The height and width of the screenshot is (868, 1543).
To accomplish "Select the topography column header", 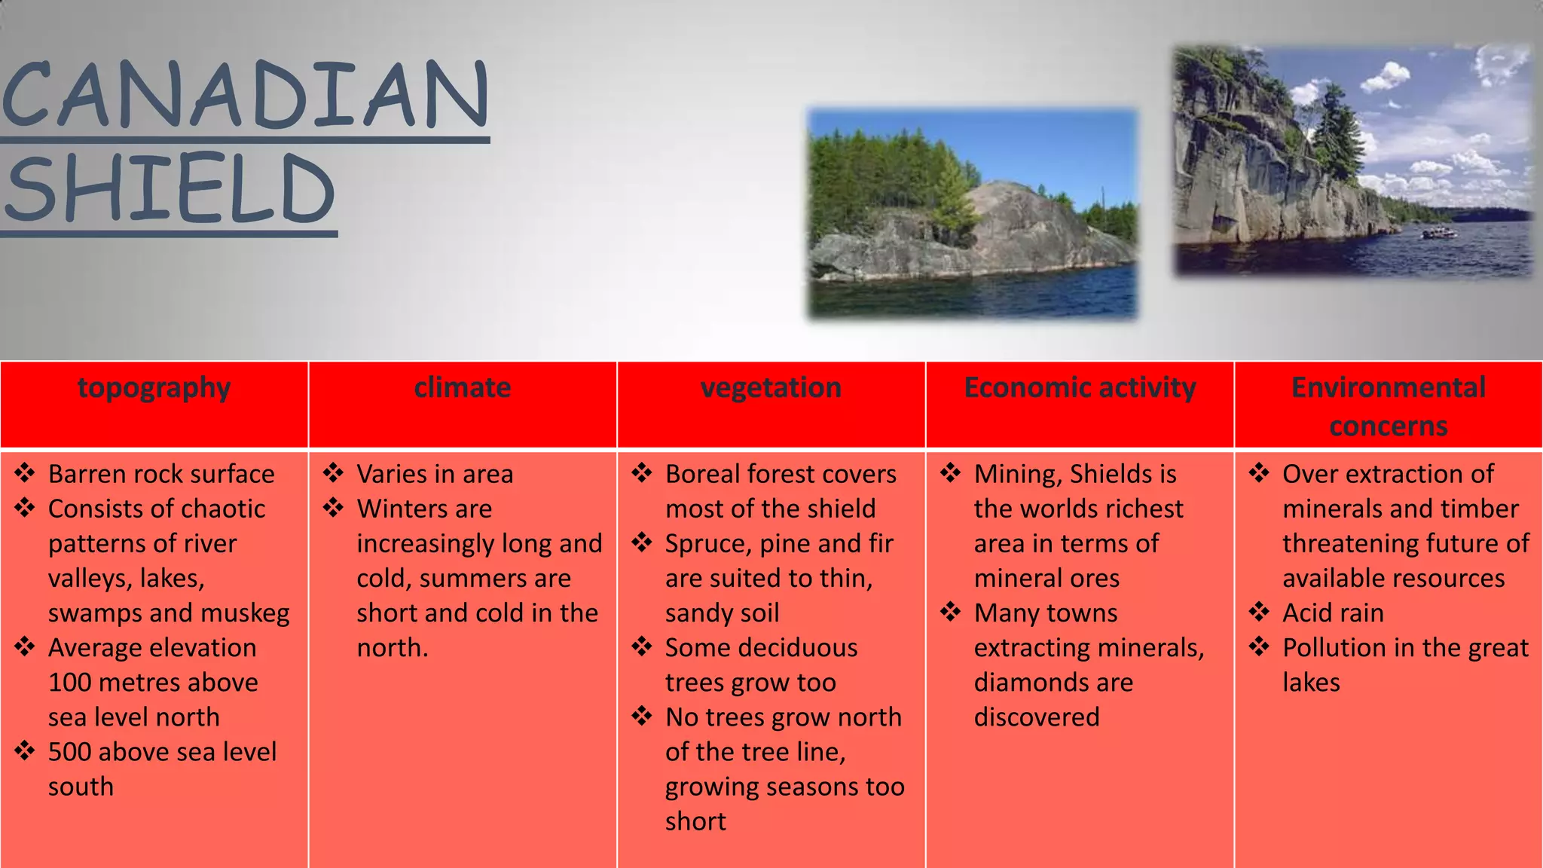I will pyautogui.click(x=154, y=388).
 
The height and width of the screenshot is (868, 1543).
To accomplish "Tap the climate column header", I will pyautogui.click(x=462, y=388).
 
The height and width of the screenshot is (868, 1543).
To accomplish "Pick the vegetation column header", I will pyautogui.click(x=771, y=388).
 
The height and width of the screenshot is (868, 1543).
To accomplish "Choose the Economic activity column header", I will pyautogui.click(x=1080, y=388).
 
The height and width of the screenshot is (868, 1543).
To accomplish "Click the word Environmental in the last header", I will pyautogui.click(x=1388, y=388).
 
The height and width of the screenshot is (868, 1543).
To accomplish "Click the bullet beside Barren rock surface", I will pyautogui.click(x=25, y=473).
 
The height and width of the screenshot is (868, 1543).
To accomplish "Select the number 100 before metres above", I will pyautogui.click(x=69, y=683).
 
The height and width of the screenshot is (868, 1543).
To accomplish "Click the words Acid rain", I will pyautogui.click(x=1333, y=613).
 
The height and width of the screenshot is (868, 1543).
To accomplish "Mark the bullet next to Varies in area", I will pyautogui.click(x=333, y=473).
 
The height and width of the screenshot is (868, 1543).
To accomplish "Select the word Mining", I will pyautogui.click(x=1017, y=475).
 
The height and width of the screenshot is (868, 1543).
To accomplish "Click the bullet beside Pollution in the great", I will pyautogui.click(x=1259, y=646).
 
